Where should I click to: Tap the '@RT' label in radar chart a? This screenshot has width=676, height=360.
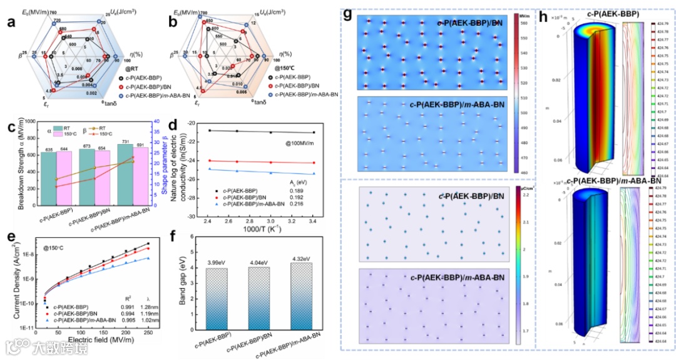coord(133,68)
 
